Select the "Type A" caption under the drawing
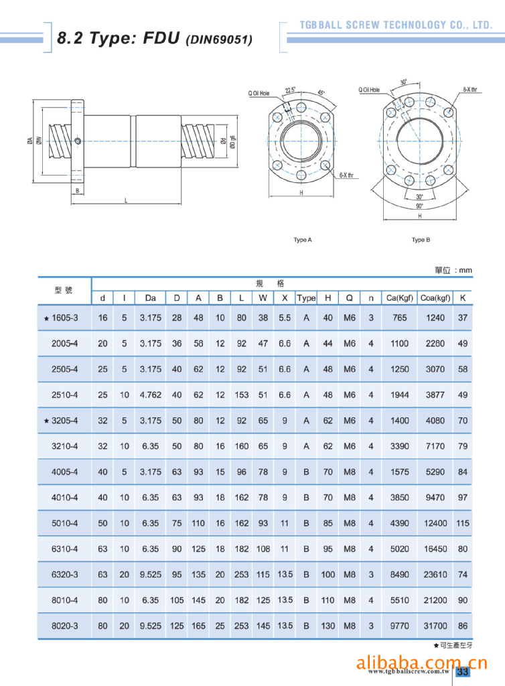(303, 240)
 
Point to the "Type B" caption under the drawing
(421, 240)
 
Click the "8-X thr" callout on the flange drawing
(470, 89)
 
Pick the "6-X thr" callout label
(346, 175)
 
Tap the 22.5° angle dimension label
(290, 90)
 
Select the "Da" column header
(151, 297)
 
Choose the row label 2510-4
(65, 395)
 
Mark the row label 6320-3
(65, 574)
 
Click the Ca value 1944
(400, 395)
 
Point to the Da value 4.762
(151, 395)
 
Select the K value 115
(463, 523)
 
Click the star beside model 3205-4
(46, 421)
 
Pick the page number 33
(462, 672)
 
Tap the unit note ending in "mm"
(453, 270)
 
